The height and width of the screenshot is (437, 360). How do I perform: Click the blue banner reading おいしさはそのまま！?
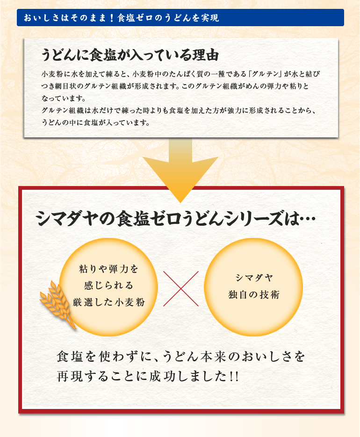point(180,18)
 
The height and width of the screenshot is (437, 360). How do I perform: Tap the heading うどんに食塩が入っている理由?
point(130,55)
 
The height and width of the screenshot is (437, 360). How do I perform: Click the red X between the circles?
point(181,289)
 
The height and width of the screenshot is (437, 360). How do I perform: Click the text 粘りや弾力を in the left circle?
point(109,269)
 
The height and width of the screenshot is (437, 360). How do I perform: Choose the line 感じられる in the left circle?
point(109,286)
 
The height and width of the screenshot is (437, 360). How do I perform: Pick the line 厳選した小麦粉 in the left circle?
point(109,302)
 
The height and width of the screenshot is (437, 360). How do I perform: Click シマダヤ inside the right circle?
point(254,278)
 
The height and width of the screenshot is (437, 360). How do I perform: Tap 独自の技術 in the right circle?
point(254,294)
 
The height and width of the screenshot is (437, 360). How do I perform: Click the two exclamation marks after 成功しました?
point(234,377)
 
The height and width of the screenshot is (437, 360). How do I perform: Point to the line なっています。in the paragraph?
point(64,98)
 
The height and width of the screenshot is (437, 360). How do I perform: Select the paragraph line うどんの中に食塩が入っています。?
point(96,122)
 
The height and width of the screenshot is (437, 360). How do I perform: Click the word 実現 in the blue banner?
point(210,18)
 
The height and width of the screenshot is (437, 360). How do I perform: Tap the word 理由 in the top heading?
point(206,55)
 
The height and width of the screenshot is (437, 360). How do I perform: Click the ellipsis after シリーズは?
point(307,219)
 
